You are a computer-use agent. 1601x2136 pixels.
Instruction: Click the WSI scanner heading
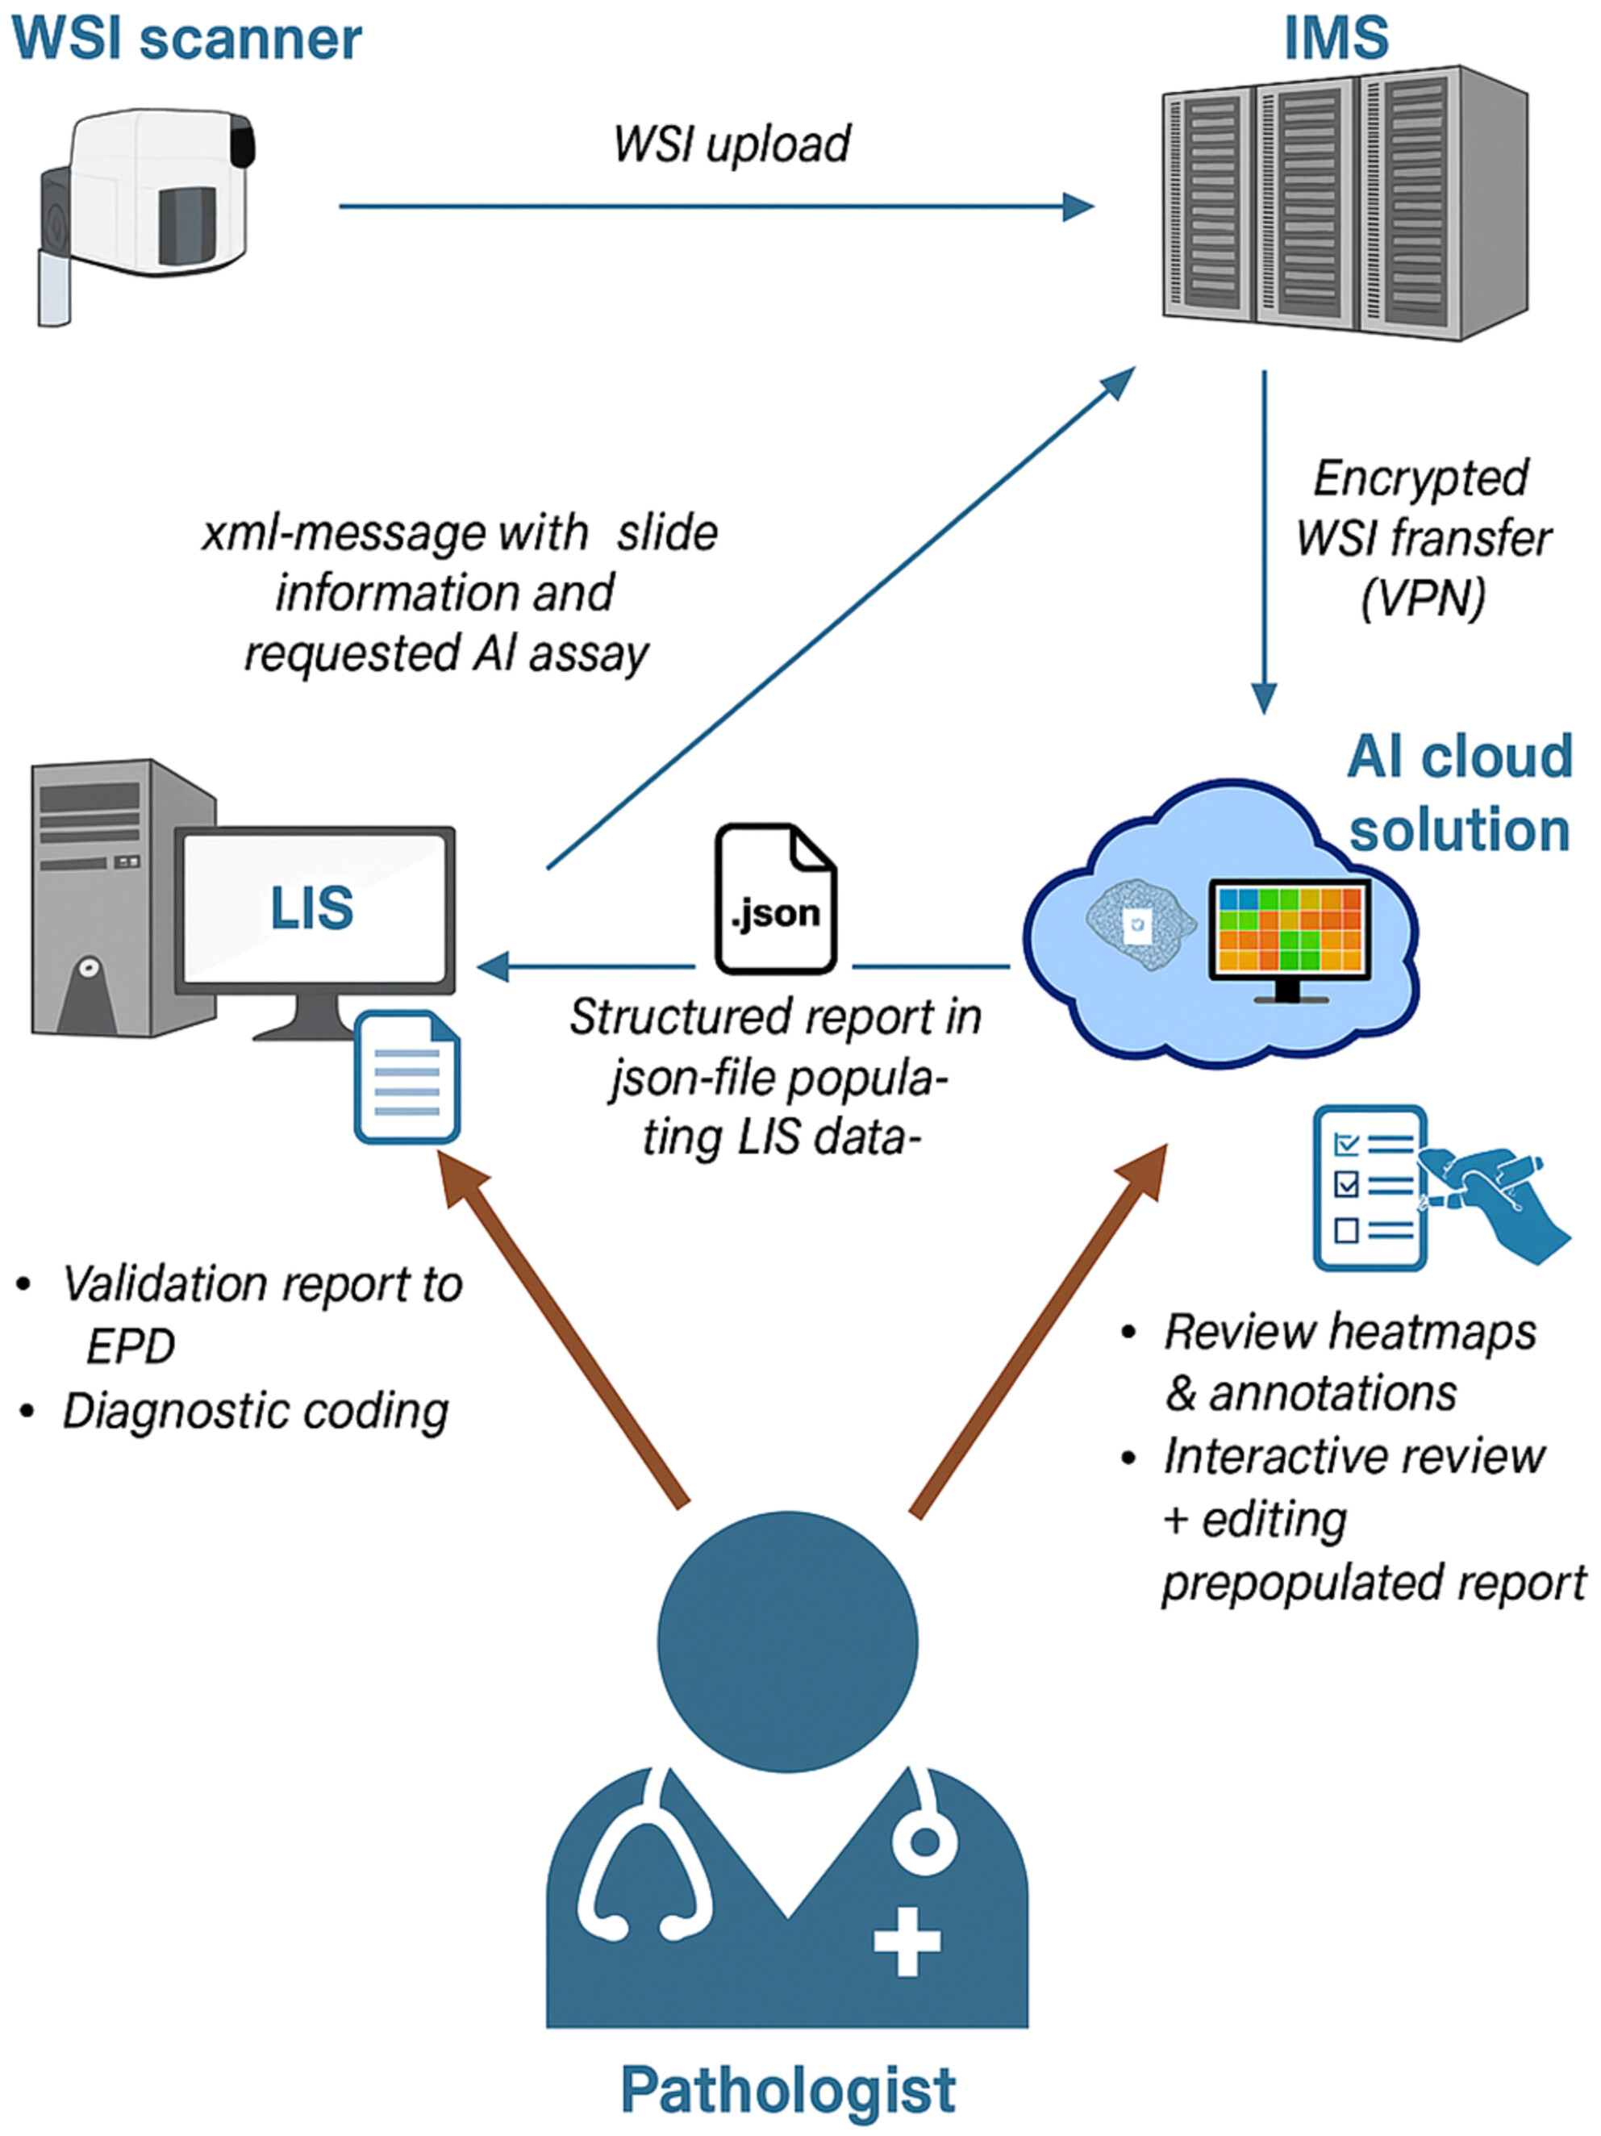coord(186,39)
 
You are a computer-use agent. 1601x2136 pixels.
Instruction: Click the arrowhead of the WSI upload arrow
coord(1078,206)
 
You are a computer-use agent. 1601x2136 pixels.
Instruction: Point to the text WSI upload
coord(732,145)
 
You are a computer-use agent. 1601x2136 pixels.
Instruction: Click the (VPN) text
coord(1423,599)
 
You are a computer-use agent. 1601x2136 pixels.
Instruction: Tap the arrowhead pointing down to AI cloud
coord(1264,697)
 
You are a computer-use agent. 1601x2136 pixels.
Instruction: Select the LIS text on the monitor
coord(311,907)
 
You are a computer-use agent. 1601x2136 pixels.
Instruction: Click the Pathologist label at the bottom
coord(787,2090)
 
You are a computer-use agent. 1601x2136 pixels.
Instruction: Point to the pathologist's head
coord(787,1642)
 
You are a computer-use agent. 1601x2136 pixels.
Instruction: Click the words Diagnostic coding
coord(255,1412)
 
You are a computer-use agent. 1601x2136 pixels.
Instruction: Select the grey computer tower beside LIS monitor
coord(106,898)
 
